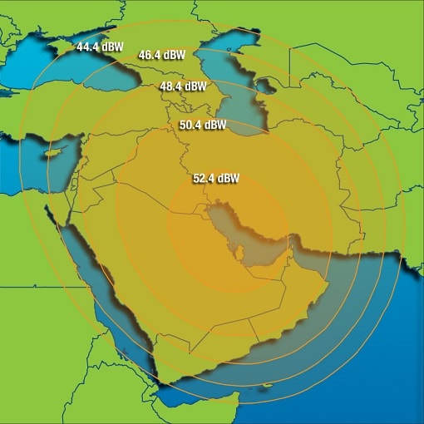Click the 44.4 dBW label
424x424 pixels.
99,47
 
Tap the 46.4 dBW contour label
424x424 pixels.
161,55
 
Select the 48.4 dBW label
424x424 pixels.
184,86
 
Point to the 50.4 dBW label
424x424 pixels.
202,125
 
